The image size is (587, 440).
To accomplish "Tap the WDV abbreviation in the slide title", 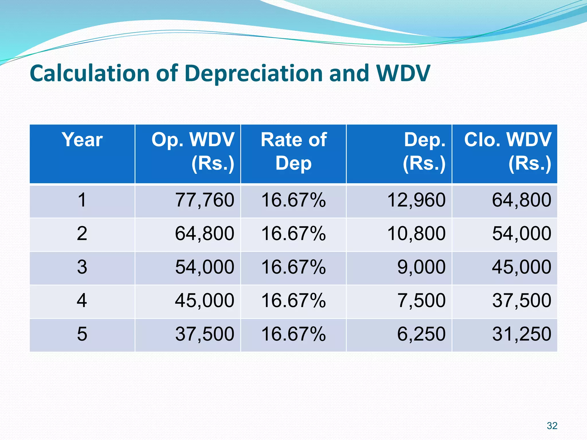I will [403, 73].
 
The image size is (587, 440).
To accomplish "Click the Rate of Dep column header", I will [293, 152].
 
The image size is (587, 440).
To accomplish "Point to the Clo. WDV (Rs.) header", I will [507, 152].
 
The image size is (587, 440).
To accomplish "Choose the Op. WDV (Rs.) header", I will [193, 152].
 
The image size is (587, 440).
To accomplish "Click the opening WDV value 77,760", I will [205, 200].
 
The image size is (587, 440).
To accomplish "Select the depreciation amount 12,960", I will [416, 200].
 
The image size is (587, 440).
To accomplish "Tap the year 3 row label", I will [82, 267].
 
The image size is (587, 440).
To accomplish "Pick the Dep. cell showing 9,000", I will [421, 267].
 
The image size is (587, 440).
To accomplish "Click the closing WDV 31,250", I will [522, 334].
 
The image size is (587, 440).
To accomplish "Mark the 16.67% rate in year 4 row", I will [293, 300].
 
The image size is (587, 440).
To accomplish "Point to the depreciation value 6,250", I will [421, 334].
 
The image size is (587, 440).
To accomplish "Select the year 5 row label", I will [82, 334].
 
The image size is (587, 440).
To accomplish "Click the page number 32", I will [552, 426].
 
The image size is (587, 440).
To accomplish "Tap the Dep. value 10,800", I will [416, 233].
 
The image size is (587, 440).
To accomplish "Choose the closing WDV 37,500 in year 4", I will [522, 300].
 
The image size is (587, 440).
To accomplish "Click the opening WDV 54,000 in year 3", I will [205, 267].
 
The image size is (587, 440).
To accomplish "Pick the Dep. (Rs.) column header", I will [424, 152].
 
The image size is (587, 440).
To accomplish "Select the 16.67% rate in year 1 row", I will [293, 200].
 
